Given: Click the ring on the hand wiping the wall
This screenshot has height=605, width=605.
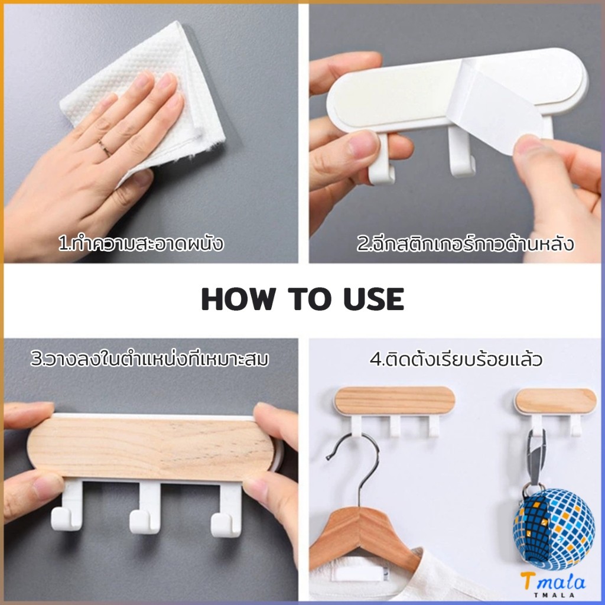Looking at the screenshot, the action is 104,147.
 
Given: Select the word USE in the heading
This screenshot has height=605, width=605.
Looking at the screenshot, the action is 374,299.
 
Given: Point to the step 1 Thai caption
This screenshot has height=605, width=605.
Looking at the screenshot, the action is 141,243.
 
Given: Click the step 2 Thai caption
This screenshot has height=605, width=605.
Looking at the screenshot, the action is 465,243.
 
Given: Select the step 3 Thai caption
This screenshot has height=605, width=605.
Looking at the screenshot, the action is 149,359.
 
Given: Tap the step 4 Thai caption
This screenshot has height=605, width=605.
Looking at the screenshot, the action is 456,359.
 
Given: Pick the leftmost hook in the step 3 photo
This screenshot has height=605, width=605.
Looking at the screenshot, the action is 68,506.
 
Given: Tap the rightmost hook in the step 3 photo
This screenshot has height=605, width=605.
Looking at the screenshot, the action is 227,510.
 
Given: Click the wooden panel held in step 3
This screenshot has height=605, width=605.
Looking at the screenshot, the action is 151,449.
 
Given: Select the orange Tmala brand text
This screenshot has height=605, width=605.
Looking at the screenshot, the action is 552,582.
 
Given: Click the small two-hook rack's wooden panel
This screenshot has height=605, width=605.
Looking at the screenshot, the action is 555,400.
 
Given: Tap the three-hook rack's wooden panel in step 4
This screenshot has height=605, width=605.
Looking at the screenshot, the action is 394,401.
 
